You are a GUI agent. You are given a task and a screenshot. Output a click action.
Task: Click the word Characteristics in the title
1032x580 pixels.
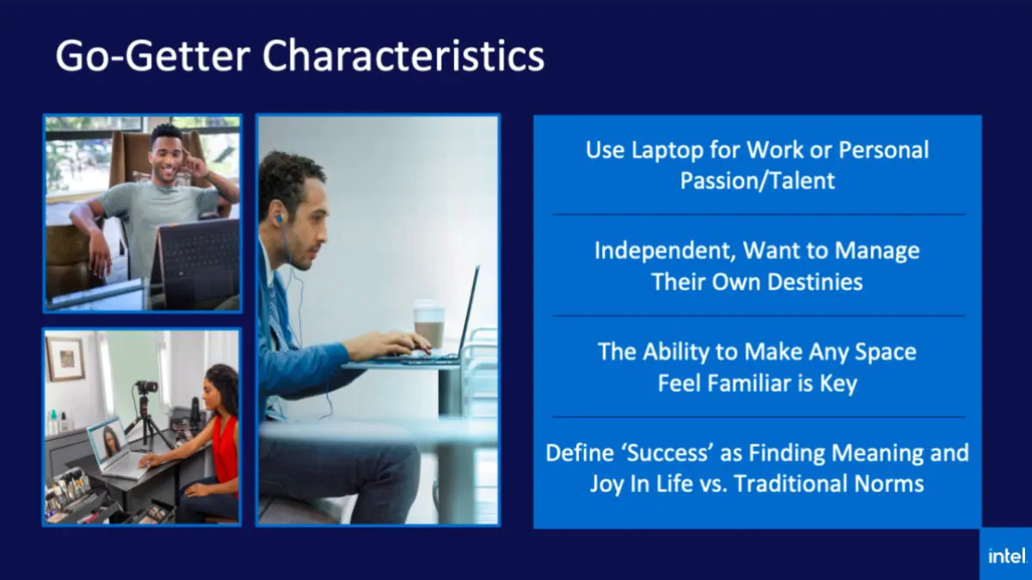[x=403, y=57]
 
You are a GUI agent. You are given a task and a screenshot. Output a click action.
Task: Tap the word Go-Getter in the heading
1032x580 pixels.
[x=155, y=57]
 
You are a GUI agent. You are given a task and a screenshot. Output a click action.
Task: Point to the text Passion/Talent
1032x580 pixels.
[x=758, y=180]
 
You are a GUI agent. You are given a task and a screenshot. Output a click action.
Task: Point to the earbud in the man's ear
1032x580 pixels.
[x=279, y=218]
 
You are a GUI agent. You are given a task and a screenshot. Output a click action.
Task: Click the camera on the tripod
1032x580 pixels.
[x=147, y=388]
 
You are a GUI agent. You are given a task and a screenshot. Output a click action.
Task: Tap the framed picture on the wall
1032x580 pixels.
[x=65, y=358]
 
